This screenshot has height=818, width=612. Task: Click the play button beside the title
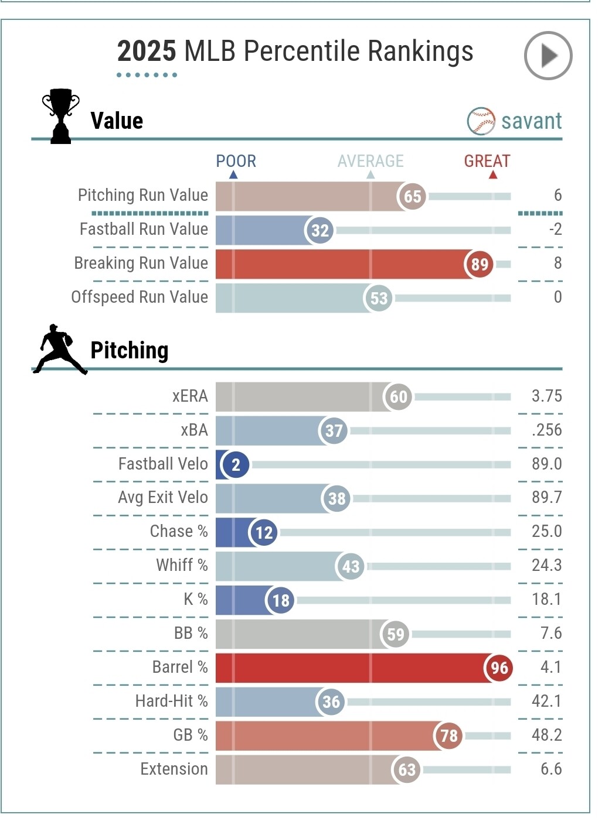548,56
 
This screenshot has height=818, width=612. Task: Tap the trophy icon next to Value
60,116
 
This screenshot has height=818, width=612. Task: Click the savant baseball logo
481,121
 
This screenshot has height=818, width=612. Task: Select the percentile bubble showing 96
499,668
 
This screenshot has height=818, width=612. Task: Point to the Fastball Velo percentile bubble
235,464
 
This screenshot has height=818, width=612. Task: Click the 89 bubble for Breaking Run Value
479,264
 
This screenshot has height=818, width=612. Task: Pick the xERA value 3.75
546,396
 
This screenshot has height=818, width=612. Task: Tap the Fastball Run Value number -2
555,229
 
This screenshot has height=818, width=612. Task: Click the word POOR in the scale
236,161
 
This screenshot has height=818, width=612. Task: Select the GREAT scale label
487,161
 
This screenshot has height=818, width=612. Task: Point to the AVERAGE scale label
370,161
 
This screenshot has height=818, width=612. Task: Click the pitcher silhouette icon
59,349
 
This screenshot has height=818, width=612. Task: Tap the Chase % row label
179,531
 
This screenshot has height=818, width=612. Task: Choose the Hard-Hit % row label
171,701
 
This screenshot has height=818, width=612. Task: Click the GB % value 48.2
546,735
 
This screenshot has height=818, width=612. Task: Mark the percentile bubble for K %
280,600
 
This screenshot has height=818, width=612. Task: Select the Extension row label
174,769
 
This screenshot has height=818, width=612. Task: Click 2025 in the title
147,52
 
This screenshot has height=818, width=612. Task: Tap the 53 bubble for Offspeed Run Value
378,298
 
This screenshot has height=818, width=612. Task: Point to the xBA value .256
546,430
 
